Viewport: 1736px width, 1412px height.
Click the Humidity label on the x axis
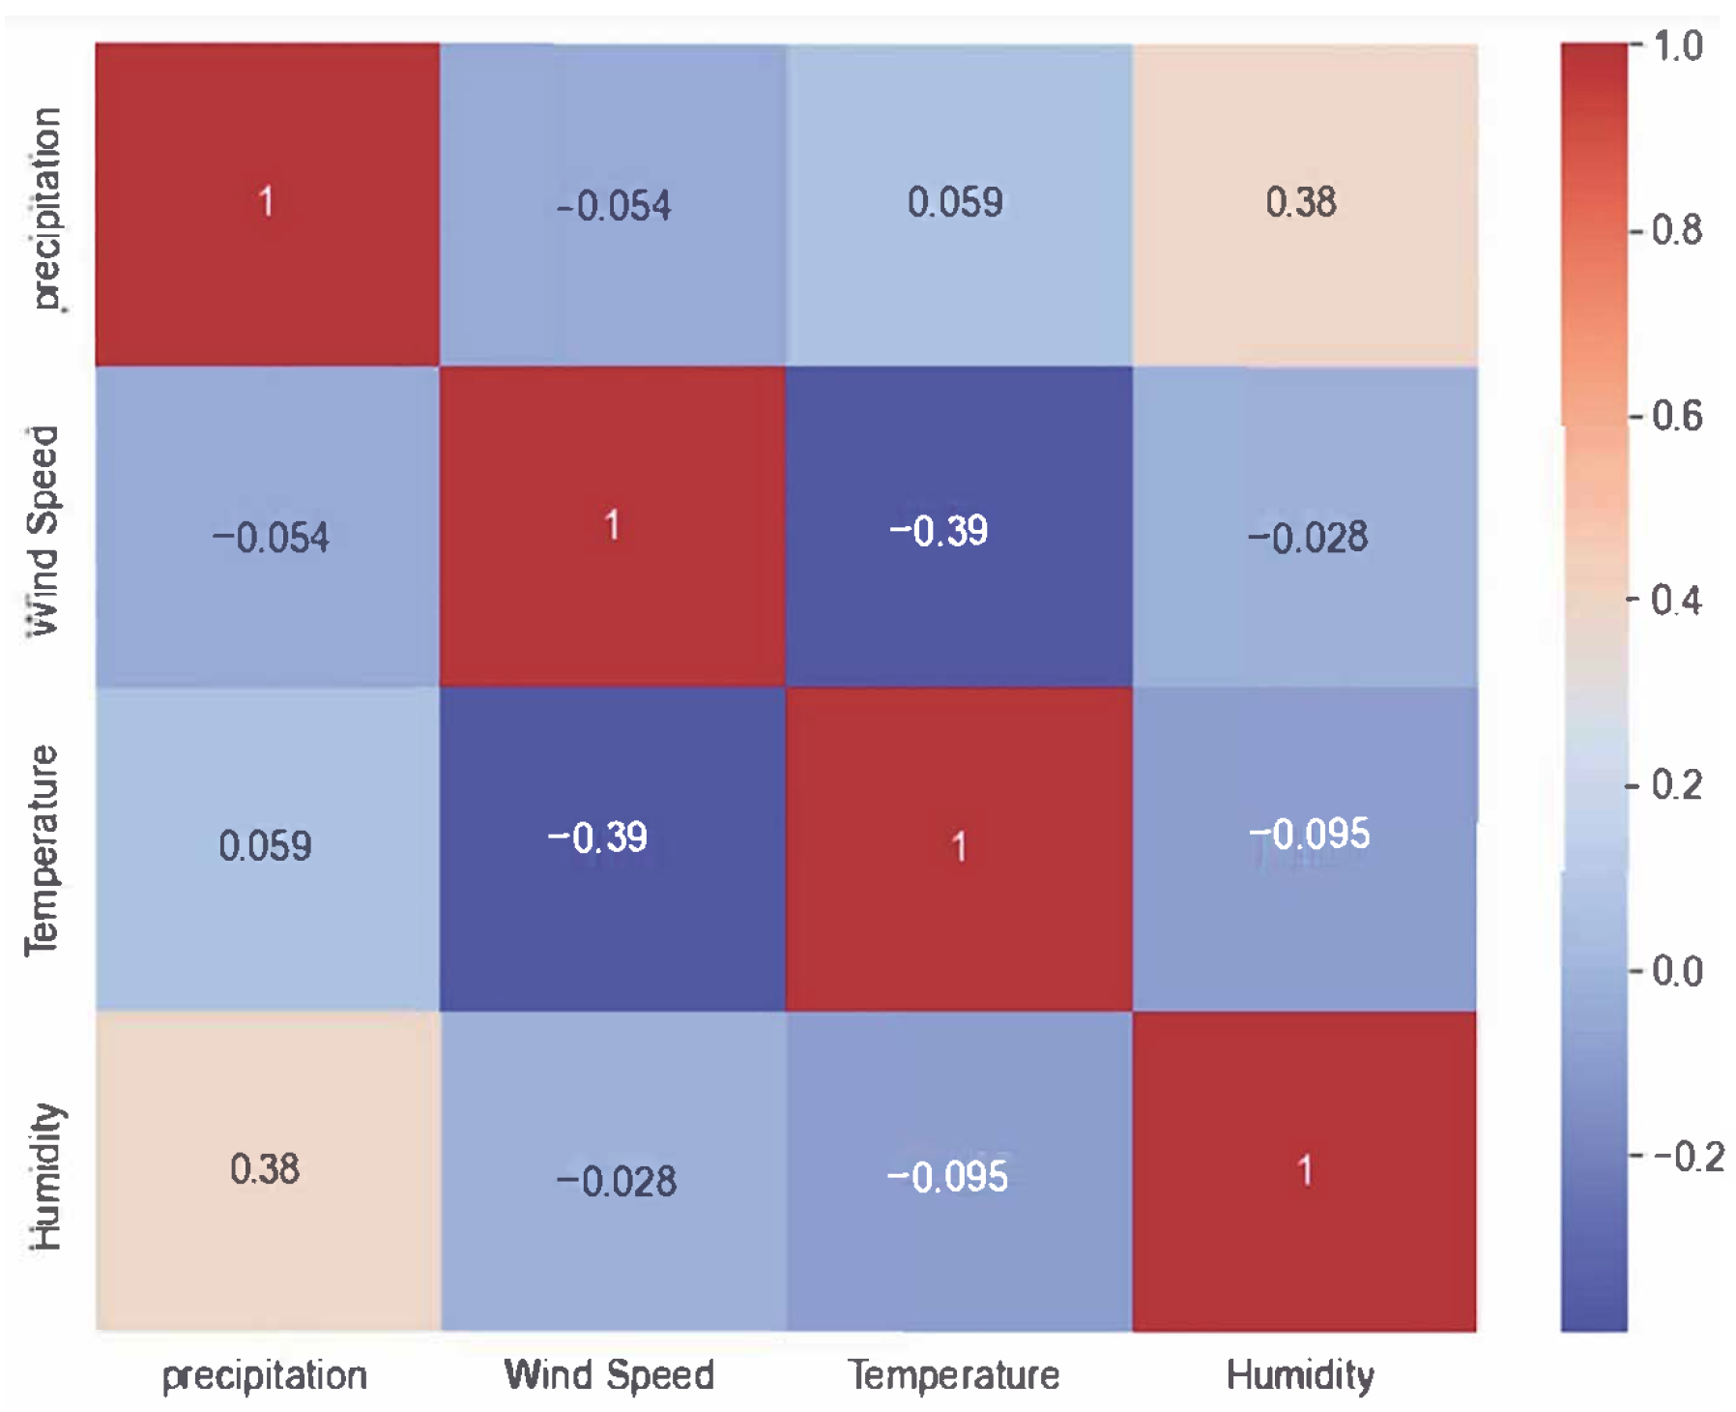point(1299,1374)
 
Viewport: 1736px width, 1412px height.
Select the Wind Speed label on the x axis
point(609,1374)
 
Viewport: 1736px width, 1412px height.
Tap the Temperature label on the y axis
point(43,850)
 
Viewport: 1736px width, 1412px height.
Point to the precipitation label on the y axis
point(44,208)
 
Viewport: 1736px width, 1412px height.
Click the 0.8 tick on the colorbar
point(1675,230)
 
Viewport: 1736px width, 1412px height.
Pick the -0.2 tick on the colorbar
point(1687,1156)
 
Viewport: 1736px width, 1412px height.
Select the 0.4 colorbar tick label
point(1675,601)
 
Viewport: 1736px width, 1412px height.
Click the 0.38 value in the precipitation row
point(1300,202)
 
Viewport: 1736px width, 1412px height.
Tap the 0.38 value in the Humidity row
point(264,1169)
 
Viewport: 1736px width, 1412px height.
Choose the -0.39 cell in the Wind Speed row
point(938,530)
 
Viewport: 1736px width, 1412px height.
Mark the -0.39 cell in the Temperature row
point(596,837)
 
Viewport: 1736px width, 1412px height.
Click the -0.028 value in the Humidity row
point(616,1181)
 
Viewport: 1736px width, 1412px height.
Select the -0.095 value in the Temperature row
point(1309,834)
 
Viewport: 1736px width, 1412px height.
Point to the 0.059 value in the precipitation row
point(954,202)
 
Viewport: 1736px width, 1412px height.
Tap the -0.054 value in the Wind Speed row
point(271,537)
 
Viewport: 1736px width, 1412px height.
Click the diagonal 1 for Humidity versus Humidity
point(1304,1170)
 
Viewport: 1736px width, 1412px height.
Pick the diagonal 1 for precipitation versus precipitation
point(266,202)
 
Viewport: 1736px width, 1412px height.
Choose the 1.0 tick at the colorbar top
point(1677,45)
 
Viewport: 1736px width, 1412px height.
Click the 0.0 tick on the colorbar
point(1675,971)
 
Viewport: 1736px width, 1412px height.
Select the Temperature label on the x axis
point(954,1374)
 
